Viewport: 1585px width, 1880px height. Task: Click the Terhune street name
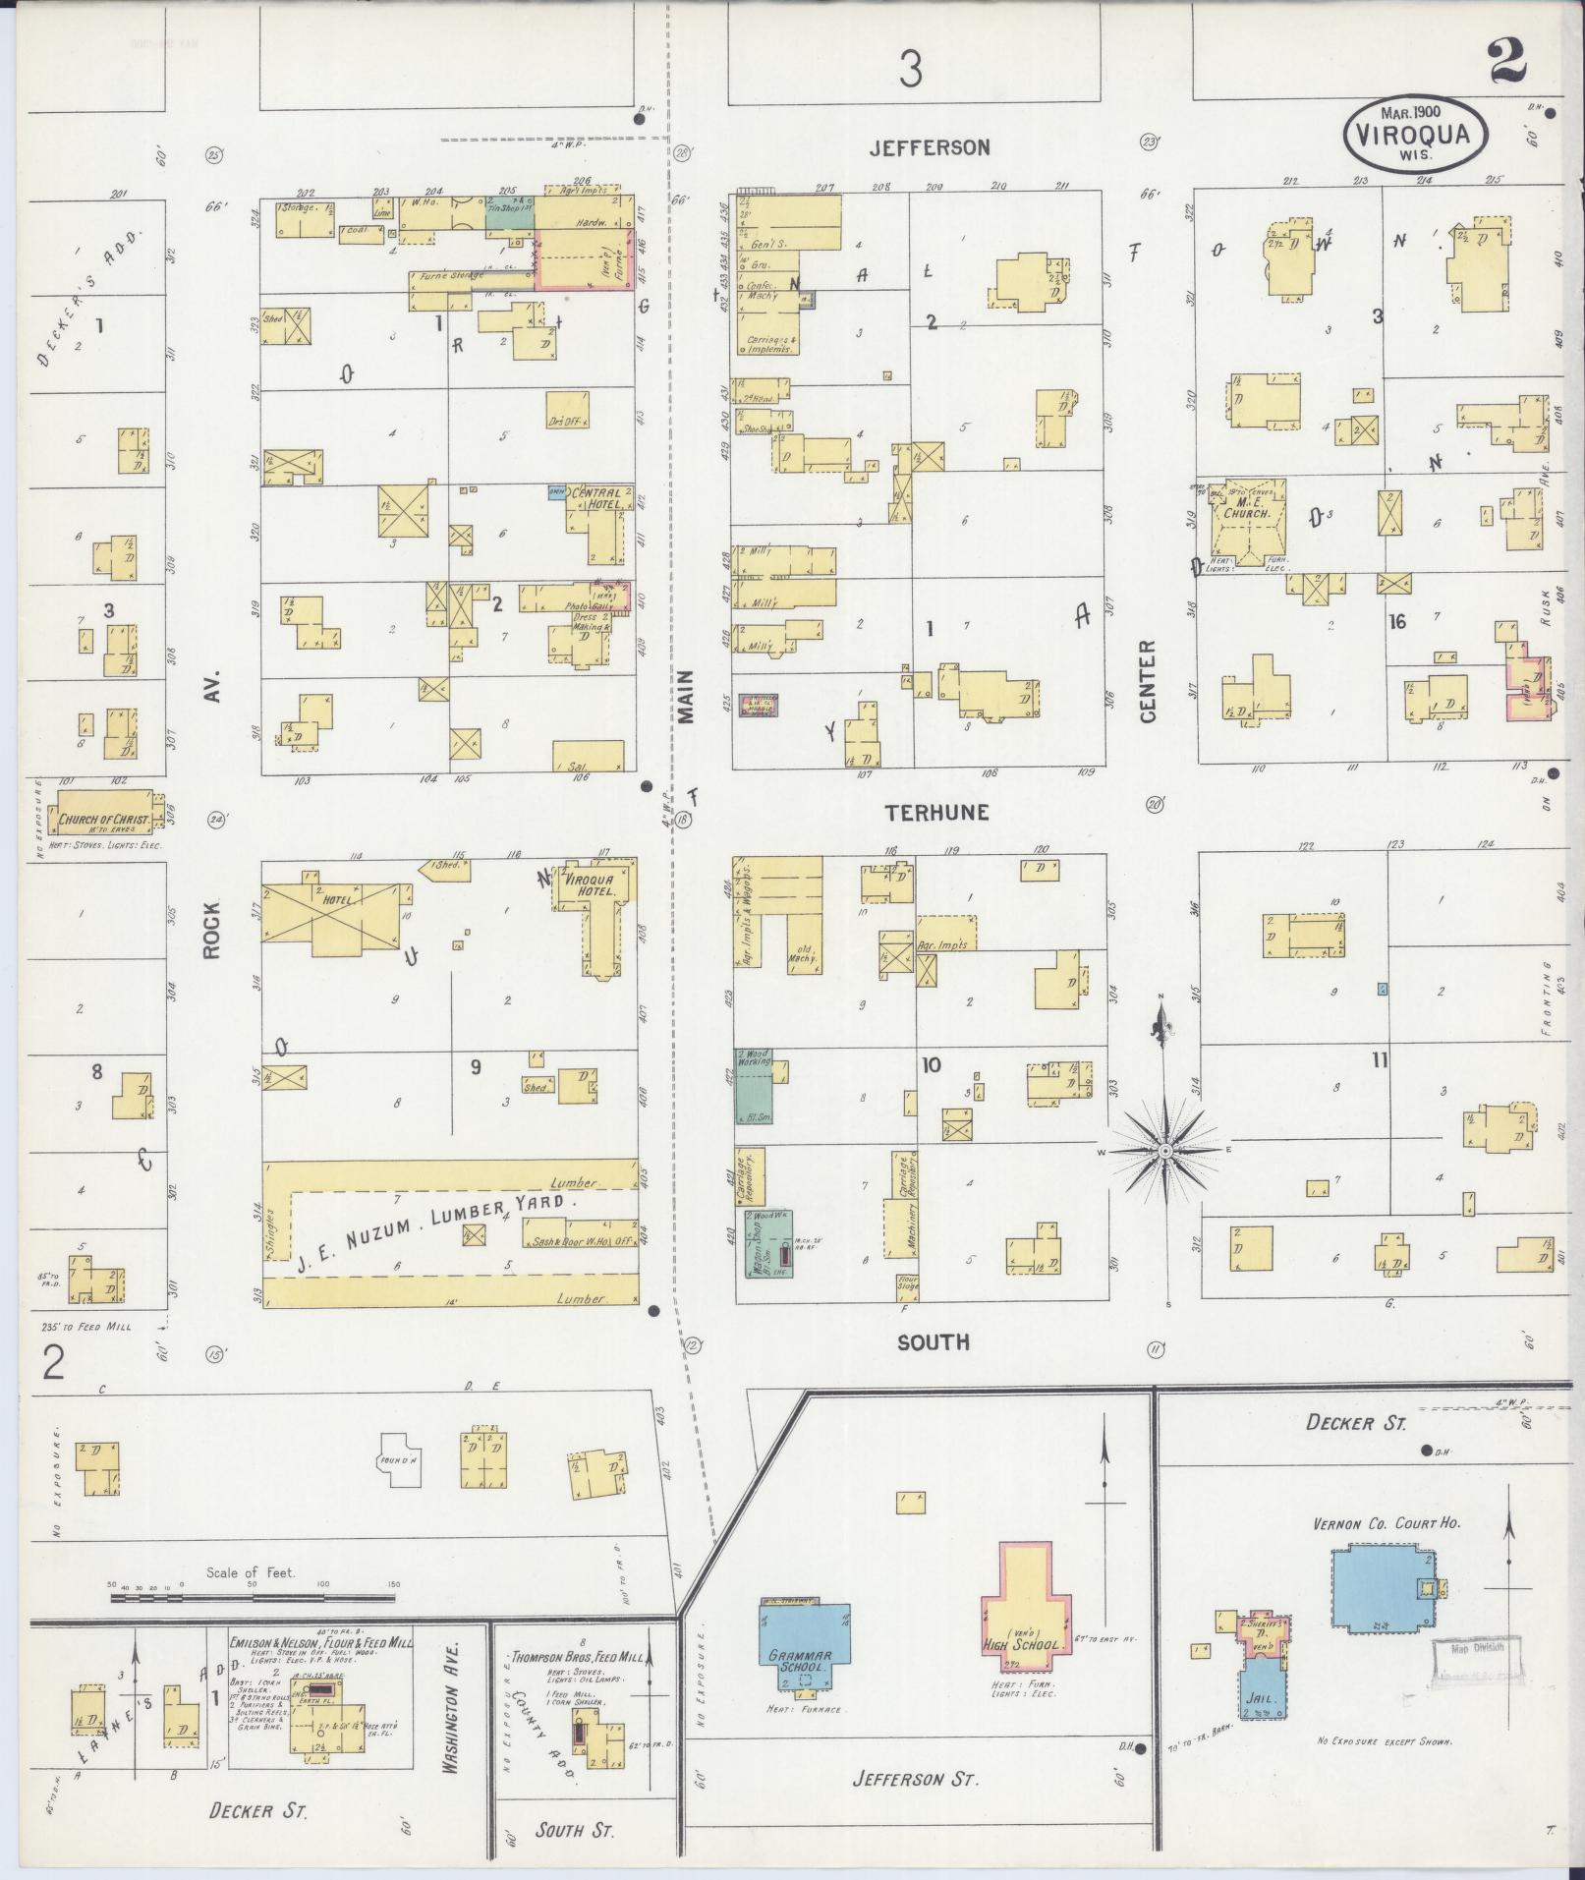tap(935, 813)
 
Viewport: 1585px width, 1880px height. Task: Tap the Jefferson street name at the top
tap(930, 147)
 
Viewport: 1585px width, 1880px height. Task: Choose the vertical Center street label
tap(1147, 681)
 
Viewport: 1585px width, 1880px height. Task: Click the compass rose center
tap(1165, 1150)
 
